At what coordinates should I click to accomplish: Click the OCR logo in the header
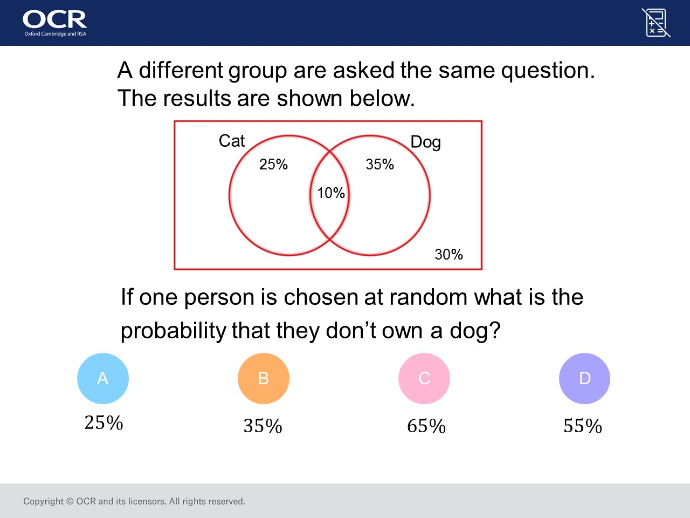tap(54, 23)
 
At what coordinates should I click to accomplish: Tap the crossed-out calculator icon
tap(656, 23)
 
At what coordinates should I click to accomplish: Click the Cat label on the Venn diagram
tap(232, 141)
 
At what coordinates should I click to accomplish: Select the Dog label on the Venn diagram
tap(426, 142)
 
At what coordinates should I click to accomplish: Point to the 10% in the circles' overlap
tap(330, 193)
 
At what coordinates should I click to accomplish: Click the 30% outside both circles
tap(448, 254)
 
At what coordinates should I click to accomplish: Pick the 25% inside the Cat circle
tap(273, 164)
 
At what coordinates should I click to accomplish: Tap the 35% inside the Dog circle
tap(379, 164)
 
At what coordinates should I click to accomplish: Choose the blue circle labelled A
tap(103, 378)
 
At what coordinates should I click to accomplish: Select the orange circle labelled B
tap(264, 378)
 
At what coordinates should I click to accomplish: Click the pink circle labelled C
tap(424, 378)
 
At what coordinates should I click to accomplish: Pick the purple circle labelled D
tap(585, 378)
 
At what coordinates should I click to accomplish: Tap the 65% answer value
tap(426, 426)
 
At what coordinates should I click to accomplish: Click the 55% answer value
tap(583, 426)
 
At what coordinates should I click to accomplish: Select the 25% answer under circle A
tap(103, 422)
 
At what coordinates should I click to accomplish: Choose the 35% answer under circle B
tap(263, 426)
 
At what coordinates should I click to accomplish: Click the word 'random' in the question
tap(428, 297)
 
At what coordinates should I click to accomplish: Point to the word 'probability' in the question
tap(173, 331)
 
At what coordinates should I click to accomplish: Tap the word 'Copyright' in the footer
tap(43, 501)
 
